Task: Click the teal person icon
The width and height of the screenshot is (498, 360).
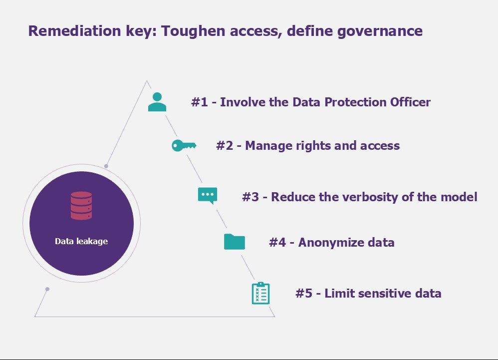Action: [157, 102]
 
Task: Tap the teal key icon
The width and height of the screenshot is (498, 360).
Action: [184, 145]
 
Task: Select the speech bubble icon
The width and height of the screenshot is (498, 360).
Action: [208, 196]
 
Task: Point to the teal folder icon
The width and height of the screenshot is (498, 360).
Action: [235, 242]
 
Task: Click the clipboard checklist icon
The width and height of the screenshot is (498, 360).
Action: [261, 293]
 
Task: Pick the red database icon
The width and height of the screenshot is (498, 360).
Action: [81, 206]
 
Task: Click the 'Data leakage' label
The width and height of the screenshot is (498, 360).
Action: [81, 241]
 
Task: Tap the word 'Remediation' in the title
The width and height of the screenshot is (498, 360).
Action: [75, 31]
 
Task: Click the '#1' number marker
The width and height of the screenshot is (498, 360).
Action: [200, 102]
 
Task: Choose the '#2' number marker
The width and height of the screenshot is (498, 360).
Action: [225, 145]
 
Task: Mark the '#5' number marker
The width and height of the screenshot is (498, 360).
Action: [304, 293]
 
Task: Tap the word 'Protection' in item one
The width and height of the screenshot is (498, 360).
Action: [355, 102]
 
